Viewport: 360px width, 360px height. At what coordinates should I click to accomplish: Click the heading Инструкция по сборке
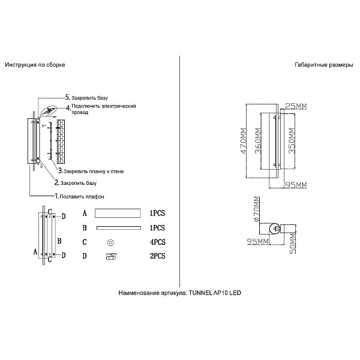[35, 65]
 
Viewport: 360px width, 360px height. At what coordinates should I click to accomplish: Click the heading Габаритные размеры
[324, 65]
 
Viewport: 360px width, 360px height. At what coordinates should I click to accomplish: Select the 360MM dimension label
[259, 141]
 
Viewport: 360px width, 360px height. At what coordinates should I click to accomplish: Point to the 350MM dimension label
[292, 141]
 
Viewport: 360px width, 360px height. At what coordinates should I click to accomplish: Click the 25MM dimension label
[296, 106]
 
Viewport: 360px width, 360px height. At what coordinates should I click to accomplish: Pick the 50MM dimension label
[292, 244]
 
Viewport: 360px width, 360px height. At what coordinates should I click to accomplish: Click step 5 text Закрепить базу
[86, 98]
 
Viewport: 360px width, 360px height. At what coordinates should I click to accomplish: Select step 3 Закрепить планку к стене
[91, 171]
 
